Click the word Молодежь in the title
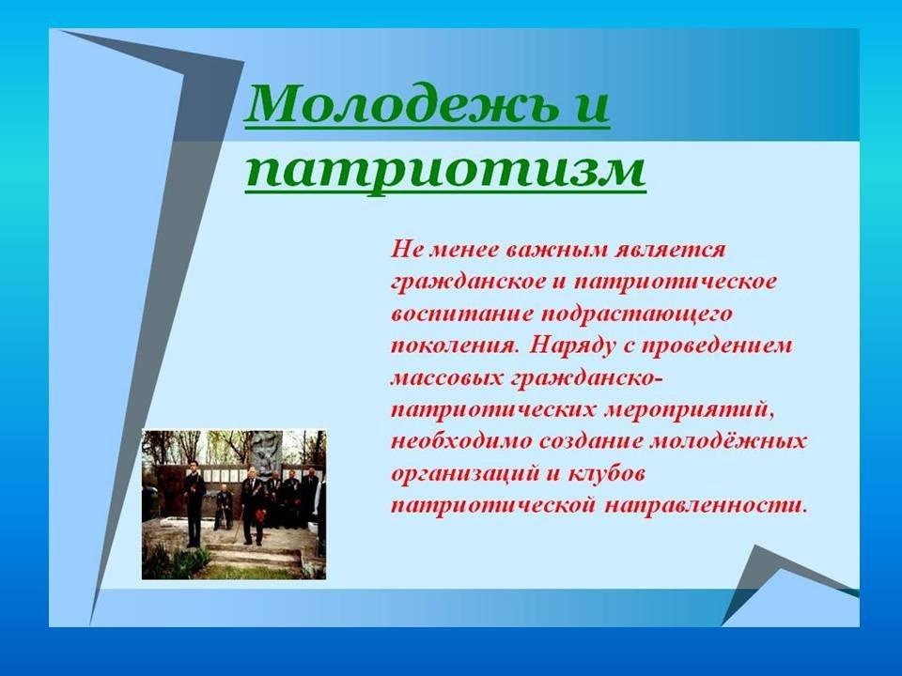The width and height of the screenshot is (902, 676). (403, 103)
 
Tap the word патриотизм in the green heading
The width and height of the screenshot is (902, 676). (445, 169)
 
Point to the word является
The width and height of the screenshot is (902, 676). (671, 252)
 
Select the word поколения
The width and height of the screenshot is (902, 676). (452, 346)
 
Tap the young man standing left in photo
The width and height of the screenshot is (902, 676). (194, 503)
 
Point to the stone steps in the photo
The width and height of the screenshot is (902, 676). (253, 554)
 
